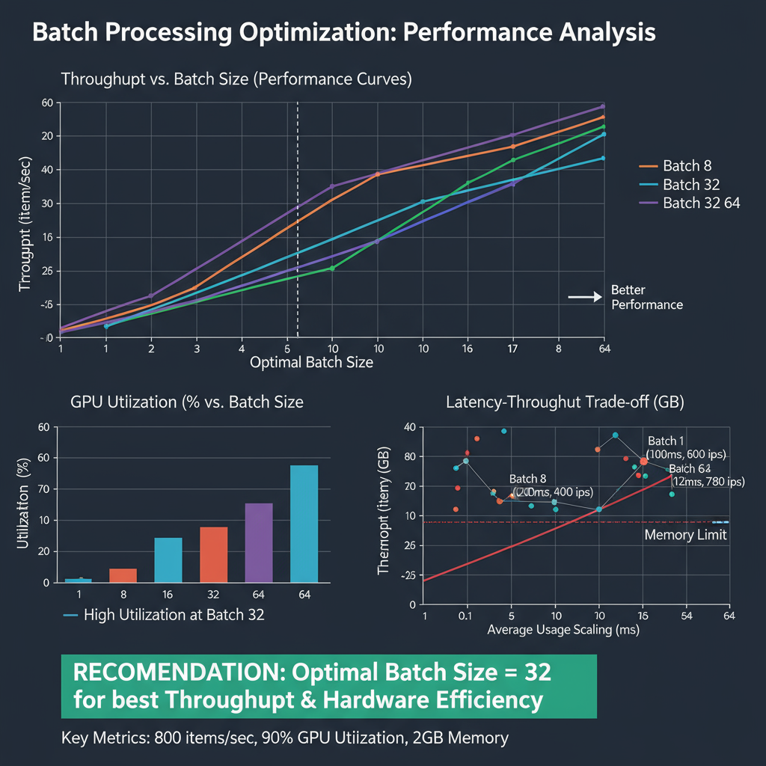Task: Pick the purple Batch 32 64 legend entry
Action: (x=701, y=203)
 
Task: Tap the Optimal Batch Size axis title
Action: (x=311, y=363)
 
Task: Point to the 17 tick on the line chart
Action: (x=512, y=349)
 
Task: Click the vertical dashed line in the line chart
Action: (x=298, y=224)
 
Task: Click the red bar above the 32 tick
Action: (x=213, y=554)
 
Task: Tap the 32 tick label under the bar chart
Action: (x=213, y=596)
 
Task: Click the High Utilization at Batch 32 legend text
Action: (x=174, y=616)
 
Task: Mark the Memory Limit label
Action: (x=685, y=536)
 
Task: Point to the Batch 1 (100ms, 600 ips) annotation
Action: (x=687, y=447)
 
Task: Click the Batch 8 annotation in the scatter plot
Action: (x=551, y=485)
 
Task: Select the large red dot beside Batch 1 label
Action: (x=643, y=462)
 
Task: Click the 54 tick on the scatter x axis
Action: (x=684, y=616)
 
